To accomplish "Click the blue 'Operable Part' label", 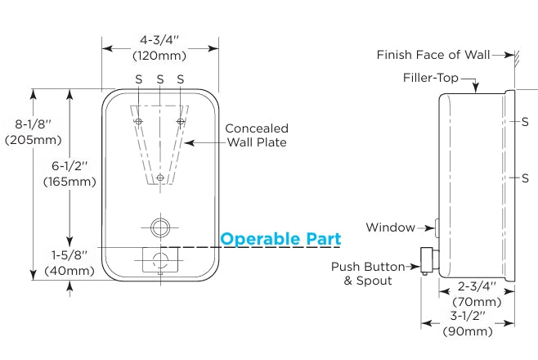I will point(280,239).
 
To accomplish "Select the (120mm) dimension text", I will point(160,56).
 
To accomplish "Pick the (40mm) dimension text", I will point(69,271).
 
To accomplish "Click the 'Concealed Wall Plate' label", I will point(256,135).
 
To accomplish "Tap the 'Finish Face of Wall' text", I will point(433,55).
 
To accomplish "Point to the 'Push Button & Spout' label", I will point(369,273).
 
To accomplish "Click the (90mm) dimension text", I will point(468,331).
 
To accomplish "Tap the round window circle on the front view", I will point(160,225).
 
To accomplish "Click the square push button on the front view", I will point(160,262).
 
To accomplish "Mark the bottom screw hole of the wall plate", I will point(160,178).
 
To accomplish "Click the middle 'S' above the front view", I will point(160,79).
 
